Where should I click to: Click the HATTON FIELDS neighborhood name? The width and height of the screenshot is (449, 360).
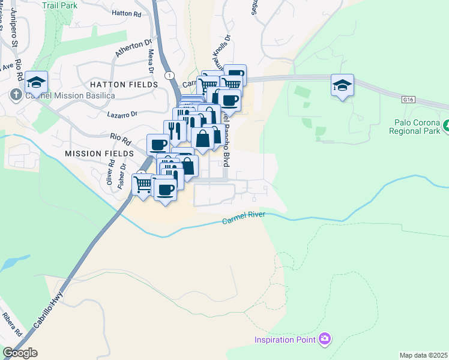click(124, 85)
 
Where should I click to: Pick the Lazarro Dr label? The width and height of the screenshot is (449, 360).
click(122, 113)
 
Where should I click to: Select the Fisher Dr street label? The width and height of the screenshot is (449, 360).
click(122, 175)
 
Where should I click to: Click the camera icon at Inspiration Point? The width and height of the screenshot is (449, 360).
click(325, 340)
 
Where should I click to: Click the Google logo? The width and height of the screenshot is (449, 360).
click(20, 353)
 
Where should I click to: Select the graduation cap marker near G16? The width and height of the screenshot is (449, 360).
click(342, 85)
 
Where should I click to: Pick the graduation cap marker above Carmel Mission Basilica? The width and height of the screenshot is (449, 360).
click(37, 82)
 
